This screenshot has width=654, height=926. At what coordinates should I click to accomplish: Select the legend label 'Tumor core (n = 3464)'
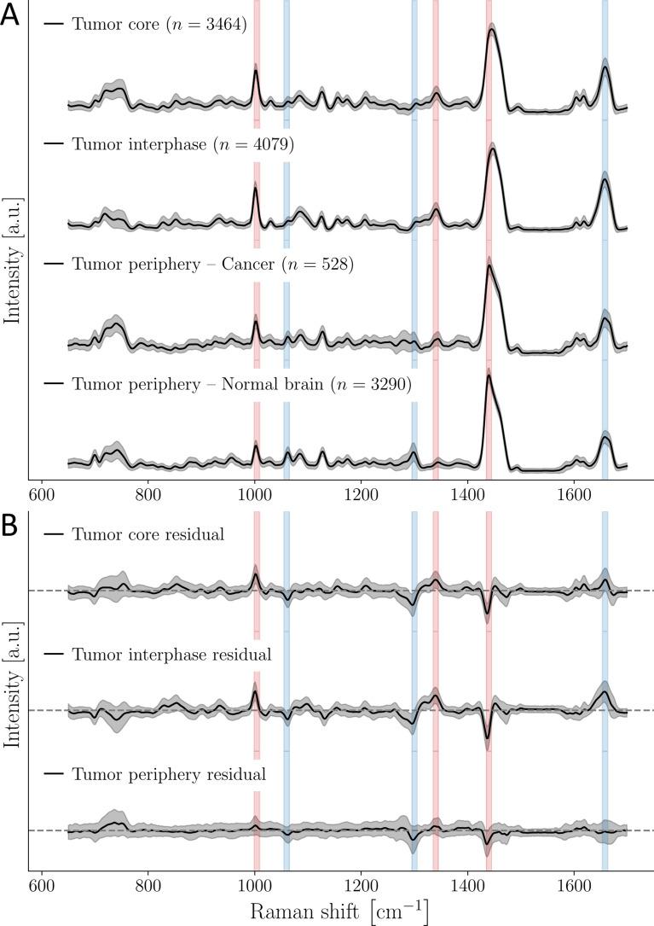tap(159, 25)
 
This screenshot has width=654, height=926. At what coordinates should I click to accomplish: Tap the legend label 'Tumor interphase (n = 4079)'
tap(183, 145)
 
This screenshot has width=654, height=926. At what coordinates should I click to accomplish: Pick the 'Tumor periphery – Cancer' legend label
tap(213, 265)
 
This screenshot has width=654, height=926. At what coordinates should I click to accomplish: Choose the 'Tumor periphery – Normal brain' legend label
tap(242, 385)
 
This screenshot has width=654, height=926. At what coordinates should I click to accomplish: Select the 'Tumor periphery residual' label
tap(169, 775)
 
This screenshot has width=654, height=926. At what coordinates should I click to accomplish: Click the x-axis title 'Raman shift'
tap(339, 911)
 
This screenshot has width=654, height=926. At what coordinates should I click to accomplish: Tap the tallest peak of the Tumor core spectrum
tap(492, 31)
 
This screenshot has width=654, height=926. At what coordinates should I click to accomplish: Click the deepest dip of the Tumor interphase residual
tap(487, 739)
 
